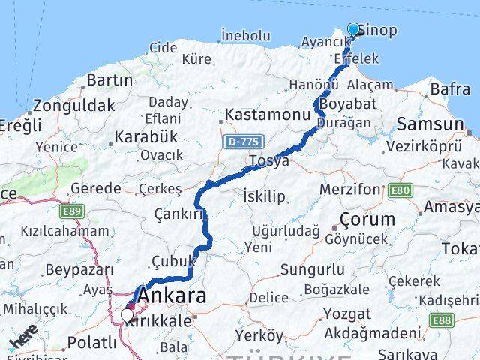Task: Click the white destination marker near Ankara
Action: pyautogui.click(x=126, y=316)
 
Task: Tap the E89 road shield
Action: pyautogui.click(x=73, y=212)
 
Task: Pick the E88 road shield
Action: pyautogui.click(x=442, y=319)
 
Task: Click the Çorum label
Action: pyautogui.click(x=367, y=220)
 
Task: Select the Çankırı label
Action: pyautogui.click(x=178, y=214)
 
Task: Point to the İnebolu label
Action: pyautogui.click(x=245, y=34)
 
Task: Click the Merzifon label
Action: pyautogui.click(x=350, y=189)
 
